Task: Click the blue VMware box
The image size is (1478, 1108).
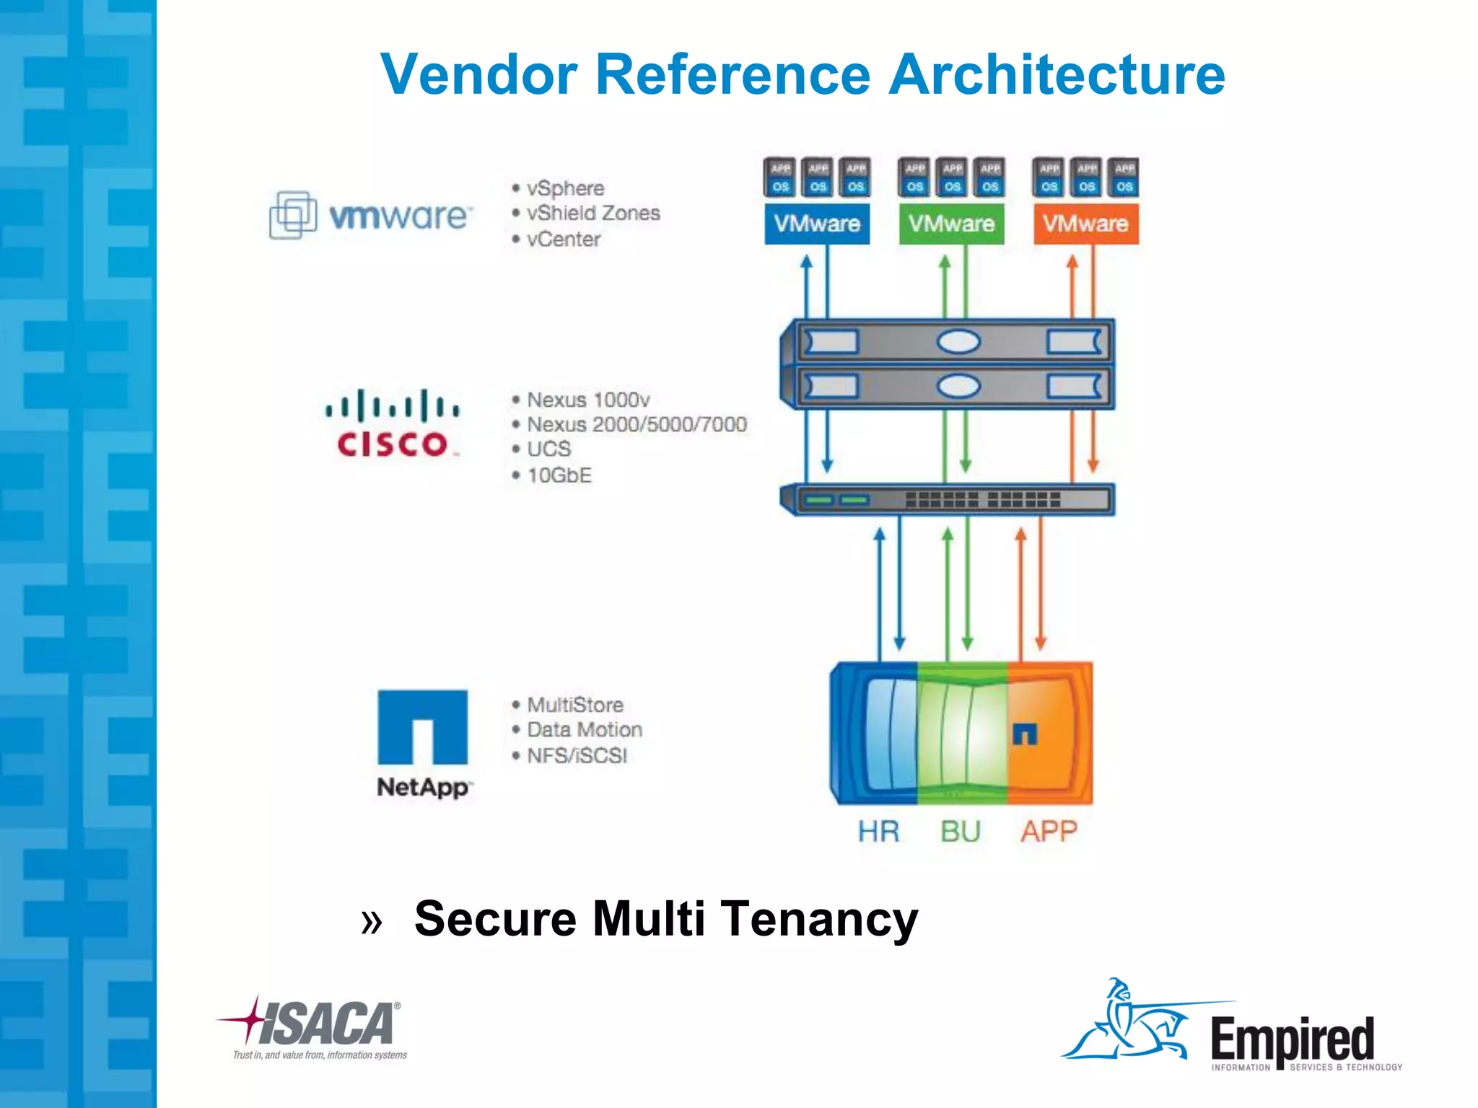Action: [x=817, y=224]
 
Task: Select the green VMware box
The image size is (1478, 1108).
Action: [x=951, y=224]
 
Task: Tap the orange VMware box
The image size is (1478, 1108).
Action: [x=1085, y=224]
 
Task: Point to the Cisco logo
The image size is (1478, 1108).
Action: [x=393, y=424]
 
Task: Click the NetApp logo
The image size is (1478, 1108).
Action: [x=423, y=743]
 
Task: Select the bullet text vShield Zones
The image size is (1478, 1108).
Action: [x=592, y=214]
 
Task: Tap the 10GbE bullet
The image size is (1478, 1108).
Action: [x=559, y=475]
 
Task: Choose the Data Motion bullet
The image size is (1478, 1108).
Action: [x=584, y=730]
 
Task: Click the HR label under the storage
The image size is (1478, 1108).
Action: [x=878, y=832]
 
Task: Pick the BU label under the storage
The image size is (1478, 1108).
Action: [x=961, y=832]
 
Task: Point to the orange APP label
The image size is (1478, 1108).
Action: [x=1049, y=832]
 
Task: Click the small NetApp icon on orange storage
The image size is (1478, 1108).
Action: [x=1025, y=734]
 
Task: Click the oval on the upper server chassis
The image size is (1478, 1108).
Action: [x=958, y=341]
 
